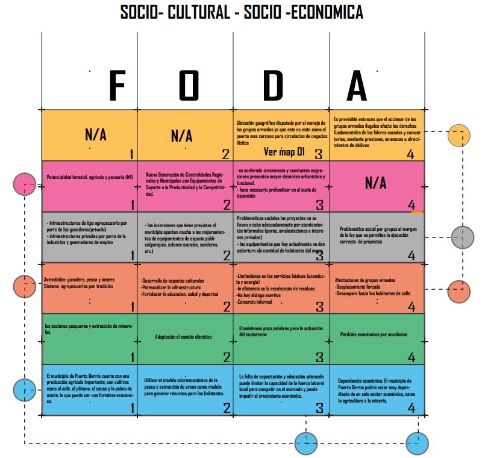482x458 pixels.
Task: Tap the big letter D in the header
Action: click(272, 86)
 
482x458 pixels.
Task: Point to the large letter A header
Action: click(357, 87)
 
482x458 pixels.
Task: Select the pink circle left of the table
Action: click(25, 184)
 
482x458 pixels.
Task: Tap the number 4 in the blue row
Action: click(412, 408)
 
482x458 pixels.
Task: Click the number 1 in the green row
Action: click(132, 357)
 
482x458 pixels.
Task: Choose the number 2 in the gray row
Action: click(227, 255)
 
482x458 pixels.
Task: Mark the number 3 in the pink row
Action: click(320, 205)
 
